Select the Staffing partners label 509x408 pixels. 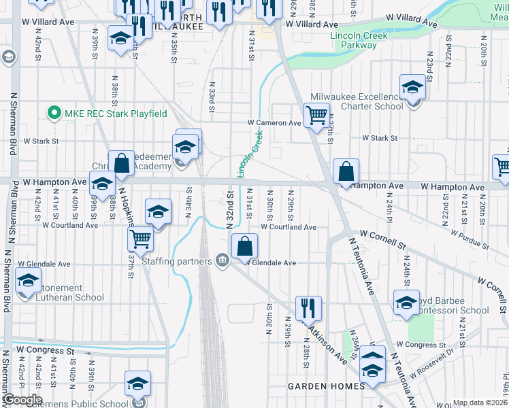(x=176, y=260)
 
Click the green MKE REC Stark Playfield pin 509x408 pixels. (x=52, y=113)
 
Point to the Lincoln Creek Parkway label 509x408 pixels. (x=353, y=40)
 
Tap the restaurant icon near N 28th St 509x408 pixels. (x=308, y=308)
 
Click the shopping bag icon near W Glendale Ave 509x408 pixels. (x=244, y=246)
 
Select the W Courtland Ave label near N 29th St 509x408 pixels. (x=289, y=227)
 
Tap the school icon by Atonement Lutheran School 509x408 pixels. (x=29, y=279)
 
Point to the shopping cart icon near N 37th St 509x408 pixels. (x=141, y=238)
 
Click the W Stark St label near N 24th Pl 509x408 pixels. (x=379, y=138)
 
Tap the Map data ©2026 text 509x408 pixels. (x=480, y=403)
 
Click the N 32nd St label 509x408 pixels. (x=230, y=211)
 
